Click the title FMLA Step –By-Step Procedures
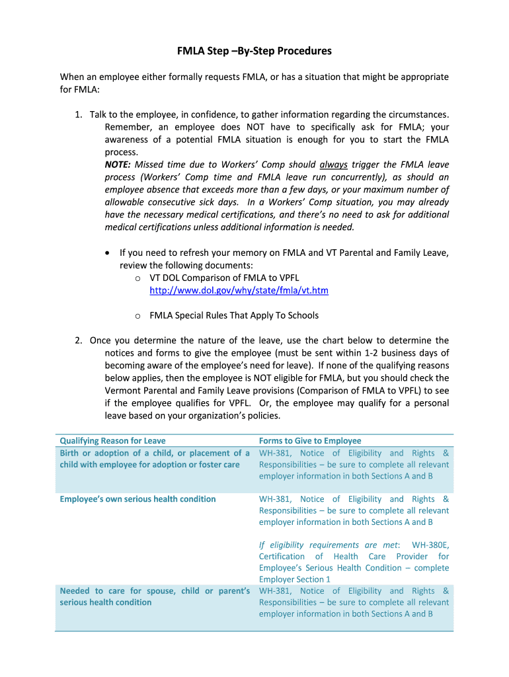(254, 51)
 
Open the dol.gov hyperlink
(239, 290)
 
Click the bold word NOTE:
(118, 165)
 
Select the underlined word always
(333, 165)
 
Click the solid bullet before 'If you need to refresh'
(108, 253)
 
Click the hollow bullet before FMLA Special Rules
(137, 316)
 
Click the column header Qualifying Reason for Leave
(112, 441)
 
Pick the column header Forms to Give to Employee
(310, 441)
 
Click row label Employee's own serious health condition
(137, 499)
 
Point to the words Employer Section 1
(295, 579)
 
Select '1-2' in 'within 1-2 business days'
(359, 353)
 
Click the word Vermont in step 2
(122, 391)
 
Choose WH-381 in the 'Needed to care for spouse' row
(276, 591)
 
